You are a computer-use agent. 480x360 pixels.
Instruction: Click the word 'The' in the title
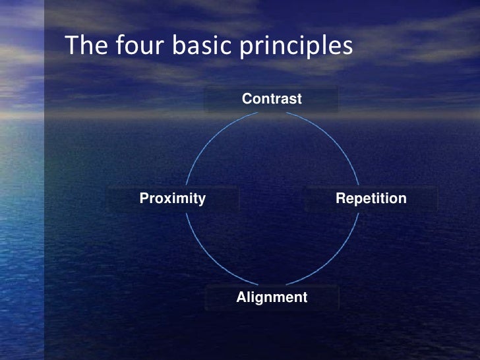click(x=84, y=46)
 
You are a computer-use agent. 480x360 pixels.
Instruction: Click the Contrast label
click(x=272, y=99)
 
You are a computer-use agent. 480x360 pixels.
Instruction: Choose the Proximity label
click(x=173, y=198)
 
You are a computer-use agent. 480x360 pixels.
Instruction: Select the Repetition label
click(x=371, y=198)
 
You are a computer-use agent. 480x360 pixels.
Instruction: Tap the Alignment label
click(x=272, y=297)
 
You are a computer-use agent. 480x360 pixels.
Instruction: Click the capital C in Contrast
click(x=247, y=99)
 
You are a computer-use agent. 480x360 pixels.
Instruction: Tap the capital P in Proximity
click(x=144, y=198)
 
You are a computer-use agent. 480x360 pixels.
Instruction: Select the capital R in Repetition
click(x=340, y=198)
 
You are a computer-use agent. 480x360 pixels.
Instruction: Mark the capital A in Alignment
click(x=241, y=297)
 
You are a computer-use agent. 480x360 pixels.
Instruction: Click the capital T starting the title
click(x=71, y=46)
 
